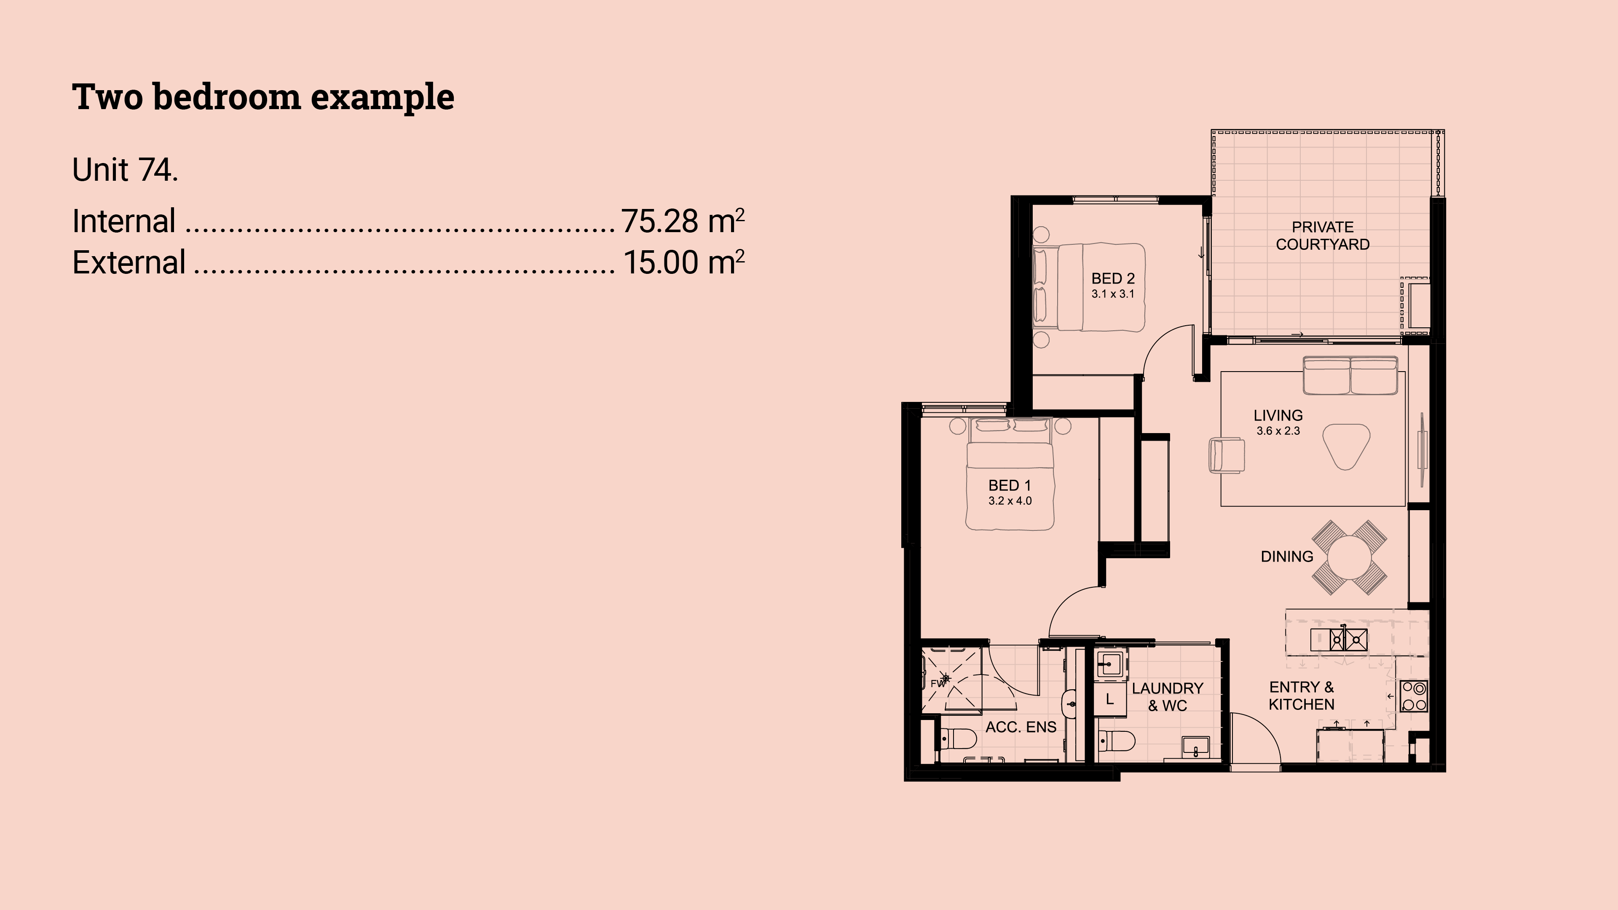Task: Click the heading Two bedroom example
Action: (x=263, y=97)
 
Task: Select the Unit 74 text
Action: (x=125, y=169)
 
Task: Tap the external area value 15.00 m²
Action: (x=683, y=262)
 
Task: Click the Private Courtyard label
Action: (x=1323, y=236)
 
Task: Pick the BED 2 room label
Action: (x=1113, y=278)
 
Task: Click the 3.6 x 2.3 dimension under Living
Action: (x=1278, y=431)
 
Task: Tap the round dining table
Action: (x=1349, y=557)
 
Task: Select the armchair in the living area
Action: (x=1227, y=455)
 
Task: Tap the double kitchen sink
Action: (x=1339, y=640)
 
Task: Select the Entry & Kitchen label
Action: (x=1302, y=696)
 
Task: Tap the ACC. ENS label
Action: (x=1021, y=727)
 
